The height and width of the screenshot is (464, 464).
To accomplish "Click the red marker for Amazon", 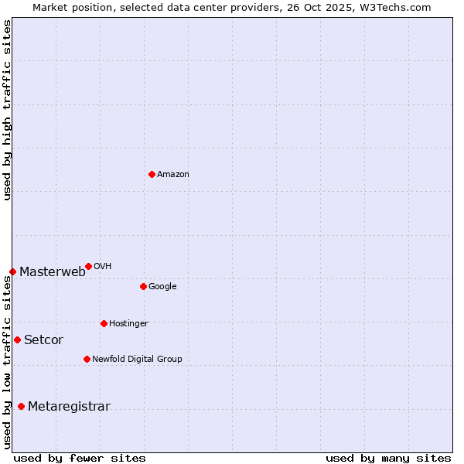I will point(152,174).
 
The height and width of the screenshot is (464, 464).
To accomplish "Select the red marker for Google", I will point(143,286).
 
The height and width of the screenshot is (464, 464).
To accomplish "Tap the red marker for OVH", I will point(88,266).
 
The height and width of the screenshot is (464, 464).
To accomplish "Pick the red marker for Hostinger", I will point(104,323).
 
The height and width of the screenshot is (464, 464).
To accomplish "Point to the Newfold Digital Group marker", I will point(87,359).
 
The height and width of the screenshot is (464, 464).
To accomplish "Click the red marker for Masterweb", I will point(12,271).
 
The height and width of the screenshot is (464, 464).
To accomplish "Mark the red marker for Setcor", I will point(17,339).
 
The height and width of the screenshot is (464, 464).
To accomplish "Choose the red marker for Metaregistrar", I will point(21,406).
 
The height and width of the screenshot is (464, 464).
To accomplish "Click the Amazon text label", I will point(173,175).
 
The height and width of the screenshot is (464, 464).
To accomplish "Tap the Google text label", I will point(162,287).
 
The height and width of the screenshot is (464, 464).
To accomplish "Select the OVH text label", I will point(102,267).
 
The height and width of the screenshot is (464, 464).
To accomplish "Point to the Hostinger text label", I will point(128,323).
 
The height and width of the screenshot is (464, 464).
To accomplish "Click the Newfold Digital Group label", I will point(137,359).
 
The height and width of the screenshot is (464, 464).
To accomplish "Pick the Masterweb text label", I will point(53,271).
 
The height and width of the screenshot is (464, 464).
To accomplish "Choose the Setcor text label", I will point(44,339).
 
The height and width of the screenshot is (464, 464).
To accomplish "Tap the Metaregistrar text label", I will point(69,407).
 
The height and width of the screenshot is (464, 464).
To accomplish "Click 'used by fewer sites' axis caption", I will point(80,458).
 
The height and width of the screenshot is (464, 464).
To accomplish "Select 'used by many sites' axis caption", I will point(388,458).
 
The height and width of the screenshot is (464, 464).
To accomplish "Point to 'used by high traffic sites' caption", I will point(7,110).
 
